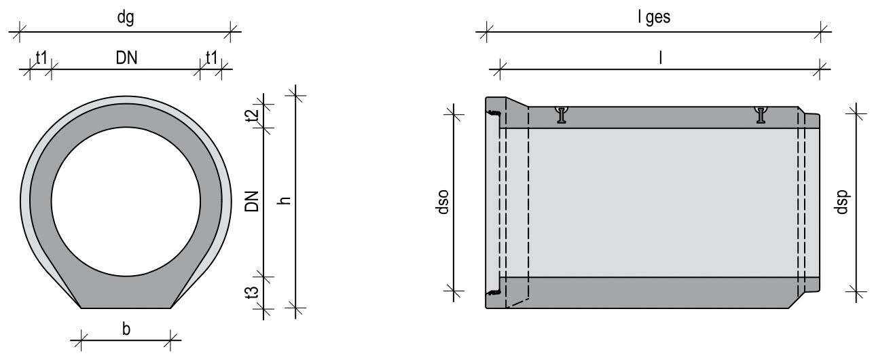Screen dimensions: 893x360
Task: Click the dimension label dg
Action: pyautogui.click(x=126, y=18)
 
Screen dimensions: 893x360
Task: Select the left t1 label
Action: pyautogui.click(x=41, y=58)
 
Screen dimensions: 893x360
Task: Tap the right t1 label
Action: pyautogui.click(x=211, y=58)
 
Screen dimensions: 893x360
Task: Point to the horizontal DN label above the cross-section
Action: pyautogui.click(x=126, y=58)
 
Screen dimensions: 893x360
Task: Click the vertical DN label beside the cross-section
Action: pyautogui.click(x=252, y=201)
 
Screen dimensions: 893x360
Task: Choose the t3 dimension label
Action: pyautogui.click(x=253, y=293)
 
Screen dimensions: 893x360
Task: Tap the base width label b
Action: pyautogui.click(x=126, y=329)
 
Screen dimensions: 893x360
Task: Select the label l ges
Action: pyautogui.click(x=654, y=18)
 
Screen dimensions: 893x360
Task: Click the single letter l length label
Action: pyautogui.click(x=661, y=58)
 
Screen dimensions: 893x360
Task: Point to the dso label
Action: pyautogui.click(x=443, y=202)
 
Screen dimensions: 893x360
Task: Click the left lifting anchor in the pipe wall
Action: pyautogui.click(x=562, y=115)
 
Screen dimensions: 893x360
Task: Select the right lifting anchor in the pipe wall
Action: pyautogui.click(x=761, y=115)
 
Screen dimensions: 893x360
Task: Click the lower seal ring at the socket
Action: pyautogui.click(x=495, y=292)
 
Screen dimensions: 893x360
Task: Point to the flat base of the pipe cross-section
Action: pyautogui.click(x=126, y=308)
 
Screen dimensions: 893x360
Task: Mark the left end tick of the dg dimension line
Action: pyautogui.click(x=19, y=32)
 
